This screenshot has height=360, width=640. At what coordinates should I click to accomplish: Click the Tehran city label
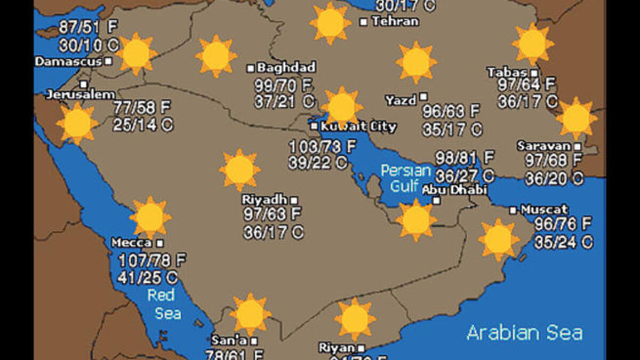point(395,21)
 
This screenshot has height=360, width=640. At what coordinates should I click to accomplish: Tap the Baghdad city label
point(286,68)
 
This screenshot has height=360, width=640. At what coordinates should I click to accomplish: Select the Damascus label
point(68,61)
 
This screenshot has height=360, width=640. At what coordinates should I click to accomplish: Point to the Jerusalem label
point(81,94)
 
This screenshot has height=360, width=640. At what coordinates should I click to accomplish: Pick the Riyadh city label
point(265,199)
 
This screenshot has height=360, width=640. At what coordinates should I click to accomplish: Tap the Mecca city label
point(131,243)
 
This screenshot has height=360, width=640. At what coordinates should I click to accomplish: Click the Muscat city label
point(544,210)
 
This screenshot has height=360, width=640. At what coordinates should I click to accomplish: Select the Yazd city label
point(401,100)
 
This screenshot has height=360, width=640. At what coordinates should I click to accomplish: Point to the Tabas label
point(507,73)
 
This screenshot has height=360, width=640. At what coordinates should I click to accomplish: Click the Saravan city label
point(543,146)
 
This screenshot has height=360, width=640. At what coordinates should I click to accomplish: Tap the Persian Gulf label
point(406,178)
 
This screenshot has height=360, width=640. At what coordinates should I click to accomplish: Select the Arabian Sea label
point(524,333)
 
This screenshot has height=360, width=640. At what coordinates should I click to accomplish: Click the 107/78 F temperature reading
point(152,261)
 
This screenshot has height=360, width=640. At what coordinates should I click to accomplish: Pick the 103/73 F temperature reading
point(322,146)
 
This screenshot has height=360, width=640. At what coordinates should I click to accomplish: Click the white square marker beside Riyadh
point(294,200)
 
